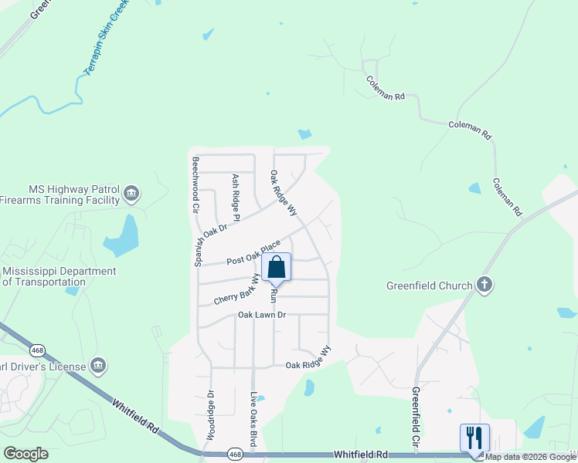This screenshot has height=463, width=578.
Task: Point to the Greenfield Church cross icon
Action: (x=484, y=286)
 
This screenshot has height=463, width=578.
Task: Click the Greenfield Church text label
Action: (x=429, y=286)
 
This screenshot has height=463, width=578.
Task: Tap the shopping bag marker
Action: (x=277, y=268)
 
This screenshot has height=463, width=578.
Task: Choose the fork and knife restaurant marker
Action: (x=474, y=438)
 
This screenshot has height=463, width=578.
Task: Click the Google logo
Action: (x=25, y=454)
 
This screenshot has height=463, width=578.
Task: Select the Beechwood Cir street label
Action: (x=196, y=185)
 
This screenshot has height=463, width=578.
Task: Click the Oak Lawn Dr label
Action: (x=262, y=315)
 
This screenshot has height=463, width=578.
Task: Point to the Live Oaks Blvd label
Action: (x=253, y=421)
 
